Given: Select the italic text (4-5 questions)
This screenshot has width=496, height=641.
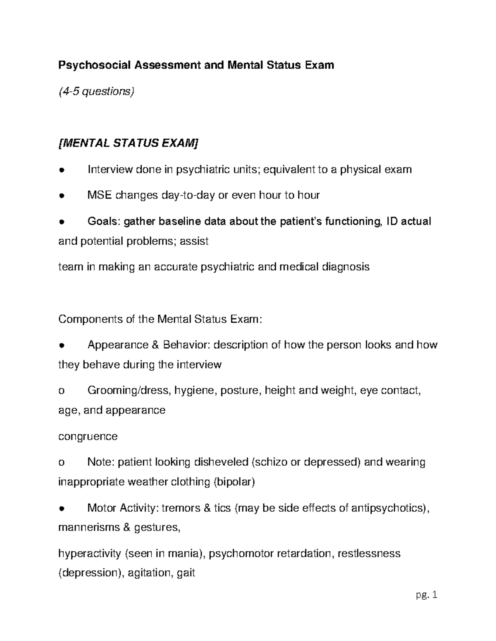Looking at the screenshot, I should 96,91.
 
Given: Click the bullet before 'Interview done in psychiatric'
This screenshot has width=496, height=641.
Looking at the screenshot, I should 61,170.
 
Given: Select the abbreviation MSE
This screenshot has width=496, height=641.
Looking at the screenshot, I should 100,195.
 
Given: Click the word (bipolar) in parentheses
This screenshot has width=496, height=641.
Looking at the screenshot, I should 234,482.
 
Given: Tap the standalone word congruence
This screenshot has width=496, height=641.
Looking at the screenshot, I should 88,436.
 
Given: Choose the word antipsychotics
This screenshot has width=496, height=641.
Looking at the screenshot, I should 389,508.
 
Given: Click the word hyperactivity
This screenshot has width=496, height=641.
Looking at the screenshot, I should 90,553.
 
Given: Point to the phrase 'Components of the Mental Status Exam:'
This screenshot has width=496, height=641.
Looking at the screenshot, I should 160,319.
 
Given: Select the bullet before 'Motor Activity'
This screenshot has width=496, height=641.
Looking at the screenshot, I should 61,509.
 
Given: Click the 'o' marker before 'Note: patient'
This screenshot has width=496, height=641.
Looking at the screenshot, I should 62,463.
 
